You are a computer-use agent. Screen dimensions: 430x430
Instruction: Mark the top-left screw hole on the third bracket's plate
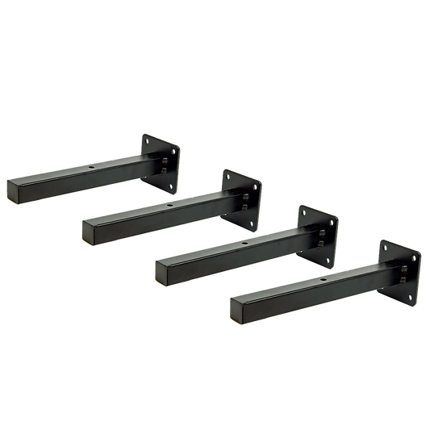306,211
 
